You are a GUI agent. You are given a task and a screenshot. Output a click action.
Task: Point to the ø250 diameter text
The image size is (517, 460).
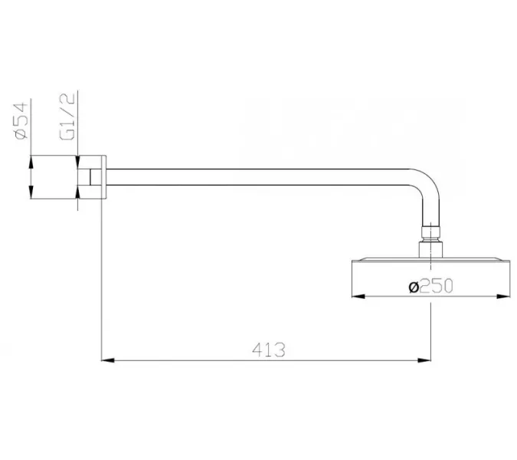[x=432, y=287]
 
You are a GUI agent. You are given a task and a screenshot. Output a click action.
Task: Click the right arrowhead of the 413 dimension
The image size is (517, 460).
[x=430, y=359]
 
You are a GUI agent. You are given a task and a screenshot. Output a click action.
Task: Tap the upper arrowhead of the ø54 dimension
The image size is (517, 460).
[x=30, y=160]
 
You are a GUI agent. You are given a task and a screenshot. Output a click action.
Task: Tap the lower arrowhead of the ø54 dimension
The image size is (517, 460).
[x=30, y=195]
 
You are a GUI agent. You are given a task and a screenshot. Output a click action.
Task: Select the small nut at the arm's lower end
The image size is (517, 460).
[x=431, y=231]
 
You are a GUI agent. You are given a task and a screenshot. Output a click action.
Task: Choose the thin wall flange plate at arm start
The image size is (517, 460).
[x=101, y=177]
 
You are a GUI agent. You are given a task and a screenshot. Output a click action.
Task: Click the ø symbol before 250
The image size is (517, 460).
[x=414, y=287]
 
